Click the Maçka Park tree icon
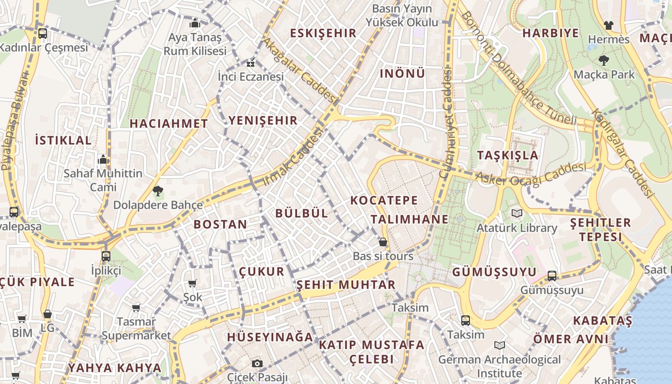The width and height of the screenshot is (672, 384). [603, 60]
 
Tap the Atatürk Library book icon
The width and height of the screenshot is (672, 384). [516, 213]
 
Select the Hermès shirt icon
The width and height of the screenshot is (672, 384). [608, 25]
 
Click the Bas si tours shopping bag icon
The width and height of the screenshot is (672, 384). [383, 242]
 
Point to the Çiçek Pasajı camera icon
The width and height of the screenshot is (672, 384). [257, 363]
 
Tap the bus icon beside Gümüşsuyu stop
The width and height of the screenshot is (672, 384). [552, 276]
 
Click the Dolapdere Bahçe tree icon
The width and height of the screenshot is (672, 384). [157, 191]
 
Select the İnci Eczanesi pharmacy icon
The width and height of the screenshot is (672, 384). [250, 63]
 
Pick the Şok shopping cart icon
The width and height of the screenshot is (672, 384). [192, 283]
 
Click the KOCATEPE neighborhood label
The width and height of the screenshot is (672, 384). [384, 200]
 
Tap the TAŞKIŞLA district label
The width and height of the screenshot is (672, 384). [508, 156]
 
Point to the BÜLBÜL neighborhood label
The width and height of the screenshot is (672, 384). [302, 214]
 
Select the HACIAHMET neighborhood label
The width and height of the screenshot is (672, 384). [168, 123]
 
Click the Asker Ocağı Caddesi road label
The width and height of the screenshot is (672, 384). [530, 174]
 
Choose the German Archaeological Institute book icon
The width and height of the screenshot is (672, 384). [500, 345]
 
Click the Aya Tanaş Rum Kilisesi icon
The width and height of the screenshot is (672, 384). [195, 23]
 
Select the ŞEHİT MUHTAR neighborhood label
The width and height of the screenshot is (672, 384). [346, 285]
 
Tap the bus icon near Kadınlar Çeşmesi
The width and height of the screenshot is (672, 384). [43, 33]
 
